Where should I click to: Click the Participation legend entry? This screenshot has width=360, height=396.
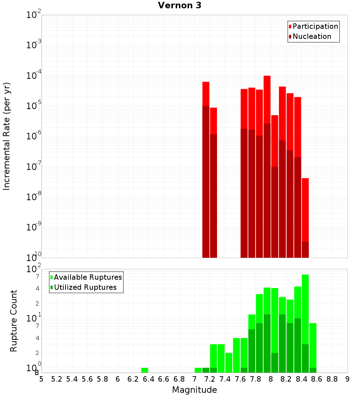(315, 26)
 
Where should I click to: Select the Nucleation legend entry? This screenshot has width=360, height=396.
(312, 36)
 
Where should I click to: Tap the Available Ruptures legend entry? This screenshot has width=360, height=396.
(87, 277)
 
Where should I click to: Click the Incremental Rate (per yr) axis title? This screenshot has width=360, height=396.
(7, 136)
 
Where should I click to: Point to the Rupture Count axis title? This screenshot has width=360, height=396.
(14, 321)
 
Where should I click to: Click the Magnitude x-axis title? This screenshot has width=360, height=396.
(194, 390)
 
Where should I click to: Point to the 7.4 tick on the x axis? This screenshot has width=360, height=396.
(225, 379)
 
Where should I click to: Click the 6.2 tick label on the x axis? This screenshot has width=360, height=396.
(133, 379)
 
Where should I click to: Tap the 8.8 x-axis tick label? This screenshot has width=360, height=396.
(332, 379)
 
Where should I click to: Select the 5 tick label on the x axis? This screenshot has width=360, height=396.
(41, 379)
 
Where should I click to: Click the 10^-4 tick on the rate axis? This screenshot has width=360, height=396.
(34, 76)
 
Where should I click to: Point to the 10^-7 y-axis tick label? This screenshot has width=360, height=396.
(34, 167)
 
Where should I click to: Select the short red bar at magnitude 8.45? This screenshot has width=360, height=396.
(305, 209)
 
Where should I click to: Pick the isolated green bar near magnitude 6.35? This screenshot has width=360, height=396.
(144, 370)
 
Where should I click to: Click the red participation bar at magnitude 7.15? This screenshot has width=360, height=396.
(206, 94)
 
